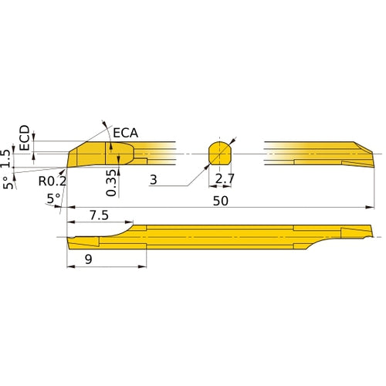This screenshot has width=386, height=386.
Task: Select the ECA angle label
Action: click(125, 133)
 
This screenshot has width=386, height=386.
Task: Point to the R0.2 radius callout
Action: click(52, 182)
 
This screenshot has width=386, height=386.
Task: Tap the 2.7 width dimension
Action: click(224, 179)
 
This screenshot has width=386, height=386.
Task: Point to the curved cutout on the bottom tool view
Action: click(116, 232)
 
